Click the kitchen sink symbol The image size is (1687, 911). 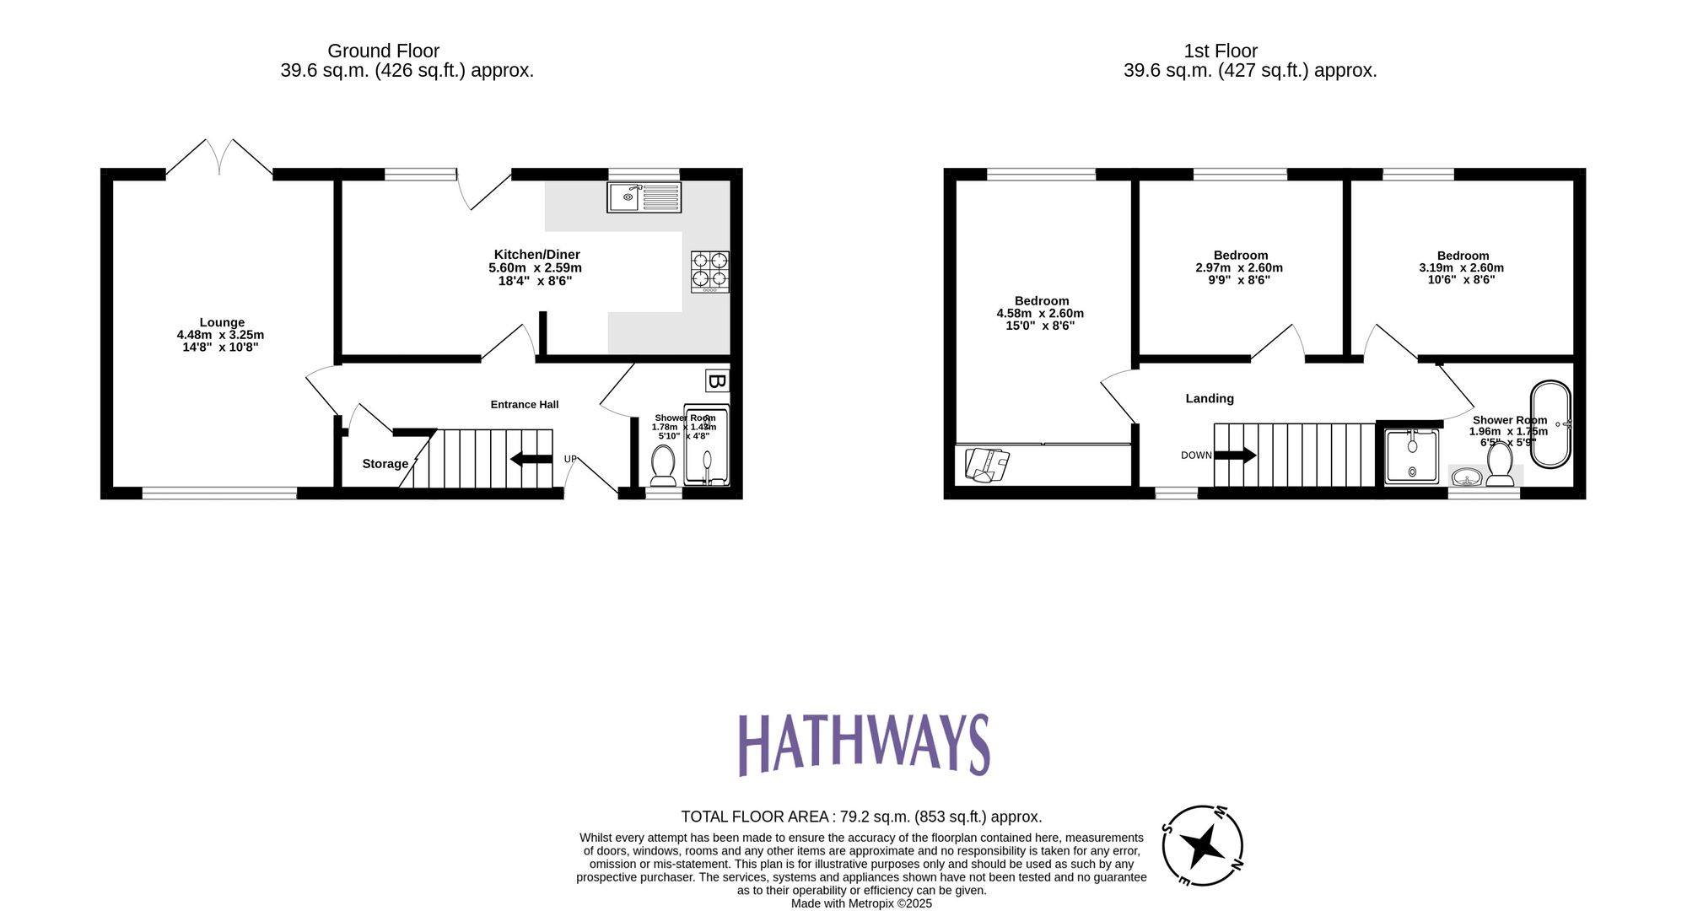(644, 197)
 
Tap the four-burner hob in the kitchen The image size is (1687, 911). (709, 271)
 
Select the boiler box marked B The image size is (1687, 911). (716, 381)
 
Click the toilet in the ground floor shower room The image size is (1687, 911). (663, 466)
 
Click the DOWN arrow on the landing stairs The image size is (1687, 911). (1235, 455)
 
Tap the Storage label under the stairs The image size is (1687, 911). (385, 463)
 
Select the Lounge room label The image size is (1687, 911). (222, 322)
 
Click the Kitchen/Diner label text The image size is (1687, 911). (536, 254)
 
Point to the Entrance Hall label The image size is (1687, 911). (524, 404)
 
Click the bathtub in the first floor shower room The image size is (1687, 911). (1550, 424)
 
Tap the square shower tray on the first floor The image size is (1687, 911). (1411, 456)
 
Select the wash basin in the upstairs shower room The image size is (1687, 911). (1467, 478)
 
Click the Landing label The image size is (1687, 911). (1209, 398)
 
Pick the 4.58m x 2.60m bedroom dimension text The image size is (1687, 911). (1040, 313)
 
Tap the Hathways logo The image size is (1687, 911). (863, 744)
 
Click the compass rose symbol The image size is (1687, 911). (1202, 845)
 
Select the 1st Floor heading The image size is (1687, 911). (1220, 51)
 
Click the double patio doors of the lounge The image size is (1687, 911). (219, 159)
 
